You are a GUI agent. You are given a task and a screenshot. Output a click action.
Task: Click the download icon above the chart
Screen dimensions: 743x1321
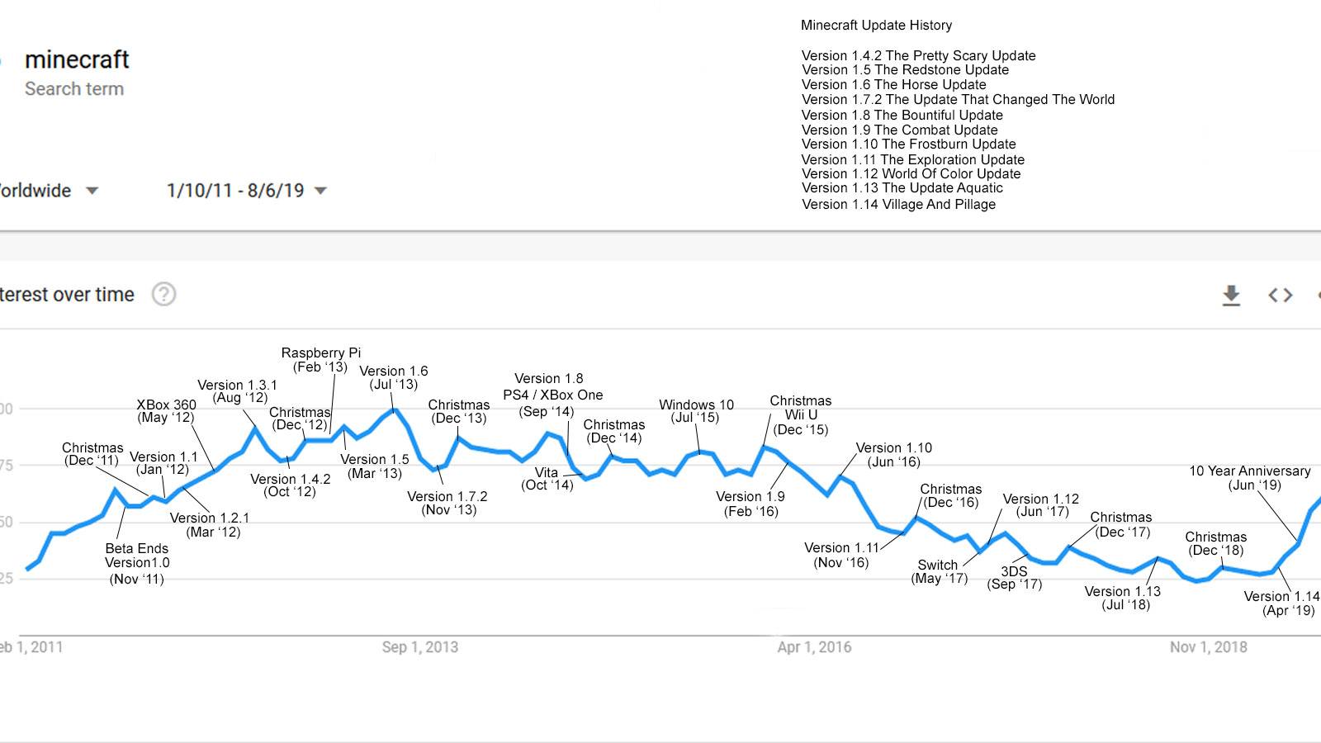[x=1231, y=295]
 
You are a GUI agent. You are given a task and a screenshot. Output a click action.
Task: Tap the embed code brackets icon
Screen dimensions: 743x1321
[x=1280, y=295]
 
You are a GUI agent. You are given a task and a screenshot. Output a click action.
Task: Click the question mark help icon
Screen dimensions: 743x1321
[x=163, y=294]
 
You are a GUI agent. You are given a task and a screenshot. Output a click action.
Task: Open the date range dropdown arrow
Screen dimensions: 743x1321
[x=321, y=191]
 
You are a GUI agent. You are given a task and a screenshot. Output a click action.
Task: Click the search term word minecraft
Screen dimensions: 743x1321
[x=77, y=59]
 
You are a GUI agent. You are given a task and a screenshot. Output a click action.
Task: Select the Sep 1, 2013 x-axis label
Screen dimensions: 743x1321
[x=419, y=647]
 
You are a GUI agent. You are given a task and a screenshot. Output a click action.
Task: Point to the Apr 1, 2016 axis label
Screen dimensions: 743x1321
[x=814, y=647]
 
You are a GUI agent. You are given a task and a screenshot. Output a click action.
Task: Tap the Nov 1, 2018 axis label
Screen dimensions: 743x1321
[x=1208, y=647]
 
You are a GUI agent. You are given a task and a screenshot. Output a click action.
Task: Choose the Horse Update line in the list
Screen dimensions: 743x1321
[x=893, y=84]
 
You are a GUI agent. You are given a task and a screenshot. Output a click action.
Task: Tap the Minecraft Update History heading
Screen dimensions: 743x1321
[x=876, y=25]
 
